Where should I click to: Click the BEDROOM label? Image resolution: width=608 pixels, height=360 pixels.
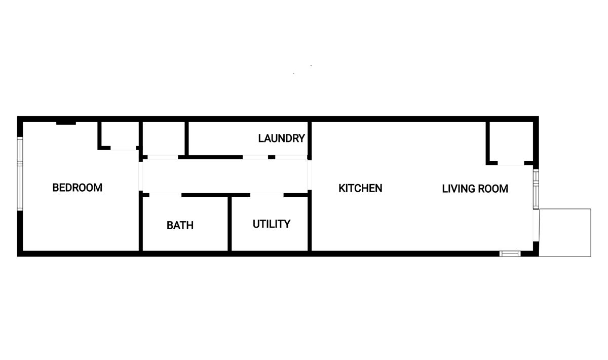coord(78,188)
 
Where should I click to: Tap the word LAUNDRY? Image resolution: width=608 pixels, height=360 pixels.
coord(282,138)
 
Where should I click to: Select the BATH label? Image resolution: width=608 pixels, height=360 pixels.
coord(180,225)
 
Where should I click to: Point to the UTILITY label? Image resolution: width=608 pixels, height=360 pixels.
coord(272,224)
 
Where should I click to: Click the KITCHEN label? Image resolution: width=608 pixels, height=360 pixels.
coord(360,188)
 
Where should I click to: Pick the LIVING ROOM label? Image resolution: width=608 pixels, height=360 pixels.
coord(475,189)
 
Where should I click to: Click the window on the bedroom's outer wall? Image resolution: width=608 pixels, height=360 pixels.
coord(20,173)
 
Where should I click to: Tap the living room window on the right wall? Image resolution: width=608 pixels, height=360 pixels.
coord(536,189)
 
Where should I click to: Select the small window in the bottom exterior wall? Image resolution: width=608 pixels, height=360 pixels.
coord(510,254)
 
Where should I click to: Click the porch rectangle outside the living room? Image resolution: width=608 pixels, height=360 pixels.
coord(565,233)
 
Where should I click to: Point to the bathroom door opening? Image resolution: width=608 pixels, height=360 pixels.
coord(165,195)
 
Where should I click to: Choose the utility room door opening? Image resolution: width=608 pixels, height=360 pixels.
coord(267,195)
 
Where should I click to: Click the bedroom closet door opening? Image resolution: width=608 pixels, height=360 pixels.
coord(123,148)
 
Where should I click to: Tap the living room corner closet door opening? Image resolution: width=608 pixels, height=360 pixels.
coord(511,163)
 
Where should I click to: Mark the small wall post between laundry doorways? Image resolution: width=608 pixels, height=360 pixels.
coord(272,157)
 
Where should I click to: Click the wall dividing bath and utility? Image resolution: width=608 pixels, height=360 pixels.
coord(230,223)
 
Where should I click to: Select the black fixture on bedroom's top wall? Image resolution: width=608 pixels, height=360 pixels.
coord(66,123)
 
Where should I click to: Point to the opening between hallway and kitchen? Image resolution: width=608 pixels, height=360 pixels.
coord(310,175)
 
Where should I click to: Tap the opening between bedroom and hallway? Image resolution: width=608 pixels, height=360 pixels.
coord(141,176)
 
